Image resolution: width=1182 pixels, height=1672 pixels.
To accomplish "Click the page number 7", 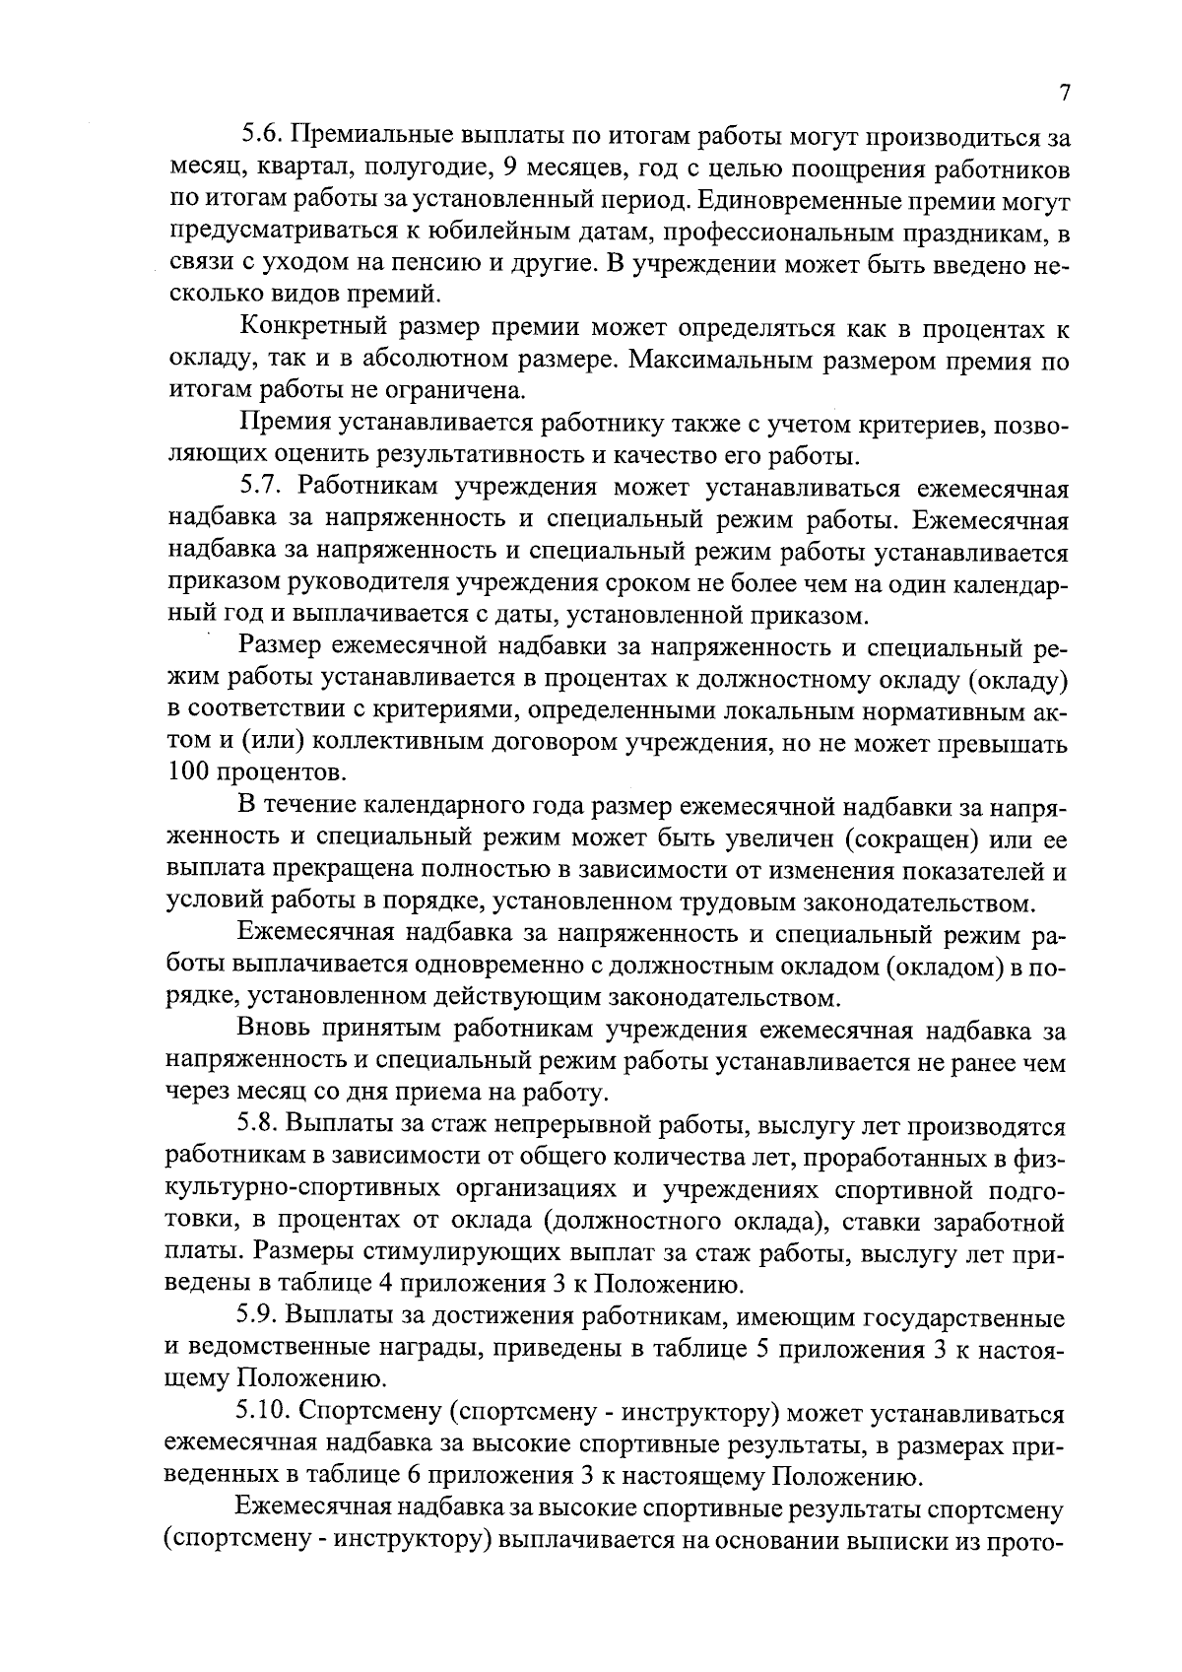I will (1063, 93).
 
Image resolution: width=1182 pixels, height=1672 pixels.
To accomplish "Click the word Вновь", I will (276, 1030).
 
